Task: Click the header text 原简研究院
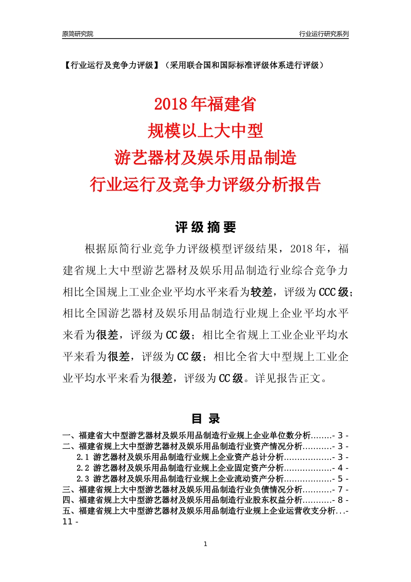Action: pos(77,34)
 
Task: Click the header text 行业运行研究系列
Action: pos(324,34)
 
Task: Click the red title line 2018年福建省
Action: pos(205,104)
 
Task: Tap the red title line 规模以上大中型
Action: pos(205,131)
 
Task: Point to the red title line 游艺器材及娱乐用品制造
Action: pos(205,158)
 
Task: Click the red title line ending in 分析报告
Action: pos(205,184)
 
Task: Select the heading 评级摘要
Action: pos(205,227)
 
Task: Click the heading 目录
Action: pos(205,419)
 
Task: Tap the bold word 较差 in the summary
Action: pos(262,292)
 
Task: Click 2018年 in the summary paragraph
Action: pos(308,249)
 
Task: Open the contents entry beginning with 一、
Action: pos(186,436)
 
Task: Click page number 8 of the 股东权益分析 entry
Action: pos(340,501)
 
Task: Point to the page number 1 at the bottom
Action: pos(205,544)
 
